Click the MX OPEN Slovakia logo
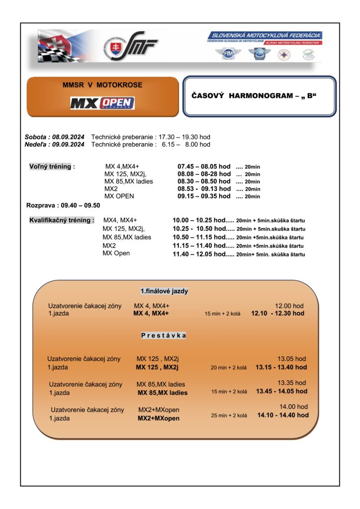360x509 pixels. [102, 103]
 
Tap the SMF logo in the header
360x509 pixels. [130, 47]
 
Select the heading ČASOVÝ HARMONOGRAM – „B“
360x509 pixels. [254, 95]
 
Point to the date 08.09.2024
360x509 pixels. [67, 137]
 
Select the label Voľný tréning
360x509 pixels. [52, 167]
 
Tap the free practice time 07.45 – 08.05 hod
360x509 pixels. [204, 167]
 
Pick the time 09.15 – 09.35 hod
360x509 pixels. [204, 196]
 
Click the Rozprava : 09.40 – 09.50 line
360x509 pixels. [63, 205]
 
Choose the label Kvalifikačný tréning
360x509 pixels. [62, 220]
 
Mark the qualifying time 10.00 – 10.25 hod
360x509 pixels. [199, 220]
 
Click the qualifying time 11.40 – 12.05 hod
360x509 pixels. [199, 254]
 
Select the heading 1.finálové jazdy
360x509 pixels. [164, 291]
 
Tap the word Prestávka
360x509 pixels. [164, 336]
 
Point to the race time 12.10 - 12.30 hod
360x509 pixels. [277, 314]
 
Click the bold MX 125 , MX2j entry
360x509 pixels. [157, 367]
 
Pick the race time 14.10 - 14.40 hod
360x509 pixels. [283, 415]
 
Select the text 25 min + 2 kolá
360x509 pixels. [229, 416]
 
